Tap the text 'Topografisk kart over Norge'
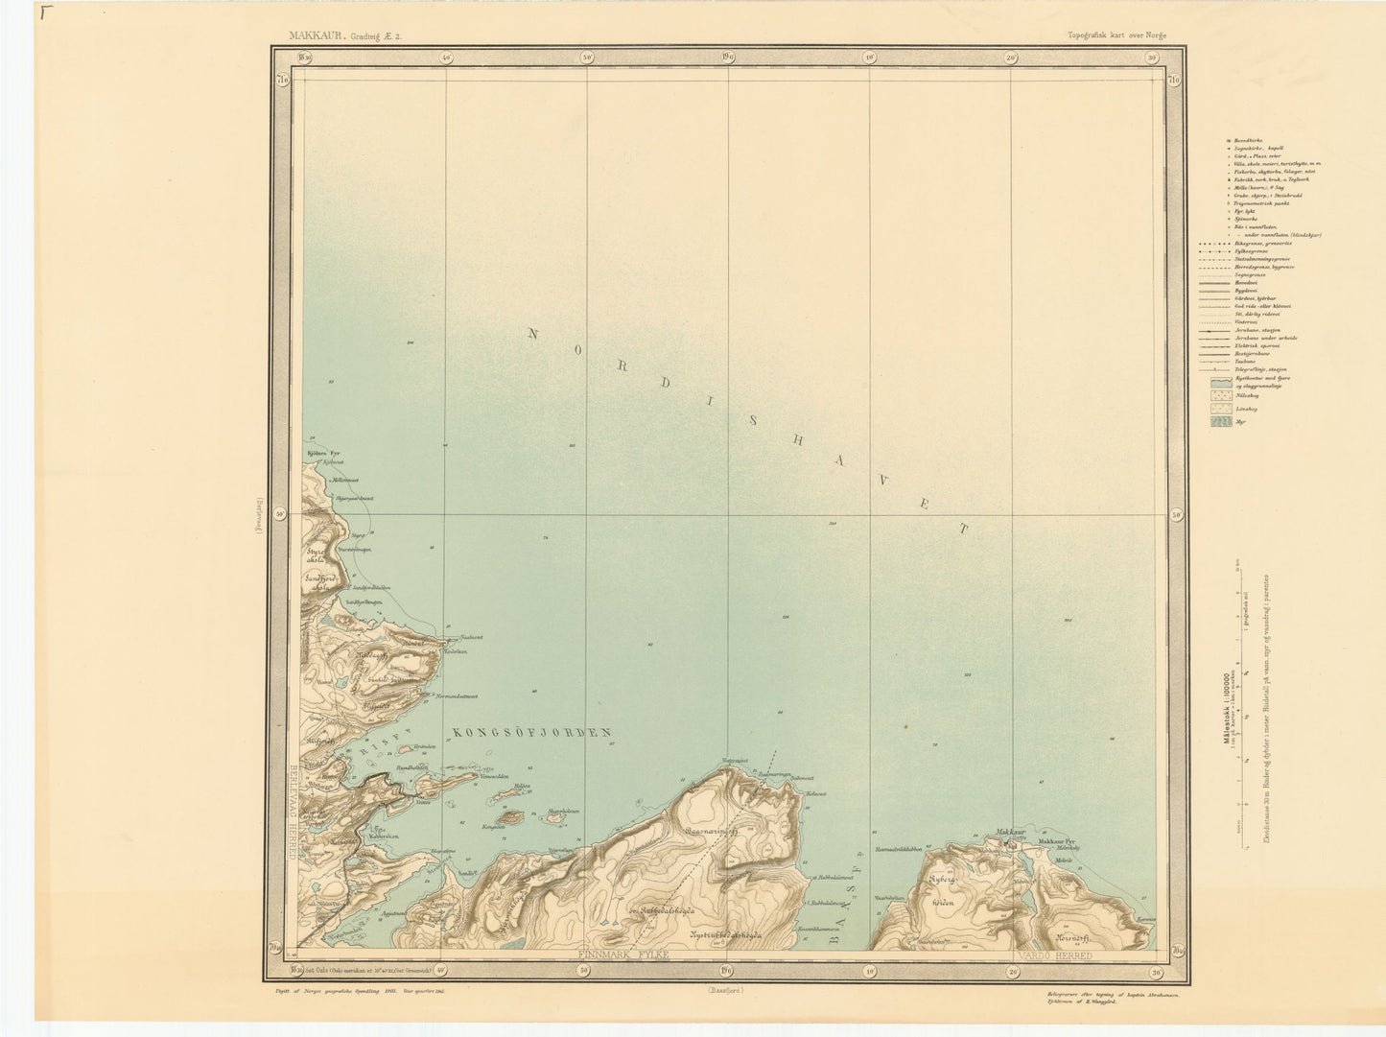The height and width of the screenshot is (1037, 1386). click(x=1116, y=35)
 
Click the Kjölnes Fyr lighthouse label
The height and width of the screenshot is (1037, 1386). click(x=323, y=453)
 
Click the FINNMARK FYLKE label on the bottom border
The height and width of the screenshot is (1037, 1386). click(x=623, y=956)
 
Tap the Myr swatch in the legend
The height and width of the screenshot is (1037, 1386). click(x=1220, y=423)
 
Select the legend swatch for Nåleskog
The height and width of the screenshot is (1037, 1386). click(x=1220, y=394)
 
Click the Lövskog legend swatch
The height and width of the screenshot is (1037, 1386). click(x=1220, y=409)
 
